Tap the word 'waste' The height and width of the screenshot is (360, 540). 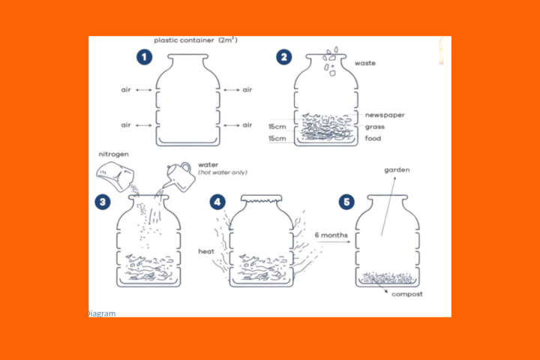pos(365,64)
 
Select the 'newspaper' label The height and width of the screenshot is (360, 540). pos(384,115)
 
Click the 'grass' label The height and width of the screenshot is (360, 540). pos(375,127)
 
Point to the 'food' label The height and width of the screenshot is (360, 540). pos(373,139)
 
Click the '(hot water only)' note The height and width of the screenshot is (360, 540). pos(223,172)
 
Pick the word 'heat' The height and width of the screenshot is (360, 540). pos(206,251)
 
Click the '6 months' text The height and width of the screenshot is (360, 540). pos(331,235)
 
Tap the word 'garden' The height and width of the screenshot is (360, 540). pos(397,170)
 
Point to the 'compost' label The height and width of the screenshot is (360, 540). pos(407,294)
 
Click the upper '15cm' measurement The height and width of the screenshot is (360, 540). pos(277,127)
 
